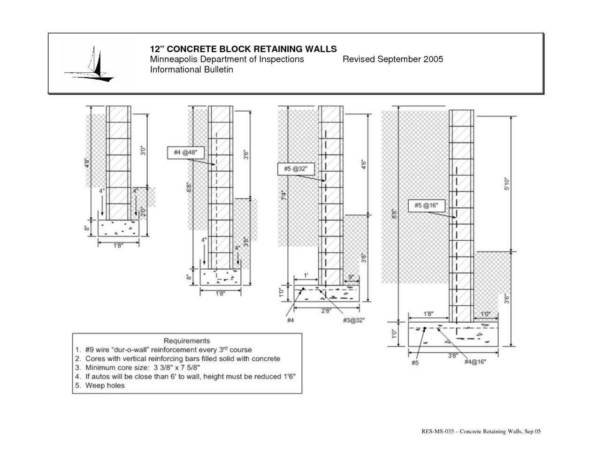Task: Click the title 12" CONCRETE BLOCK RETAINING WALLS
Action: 243,49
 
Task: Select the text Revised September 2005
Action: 392,60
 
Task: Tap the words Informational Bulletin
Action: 191,69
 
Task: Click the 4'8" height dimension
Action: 87,166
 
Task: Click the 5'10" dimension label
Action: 507,184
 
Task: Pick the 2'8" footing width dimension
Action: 325,311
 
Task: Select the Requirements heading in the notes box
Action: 186,341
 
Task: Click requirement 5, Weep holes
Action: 105,386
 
